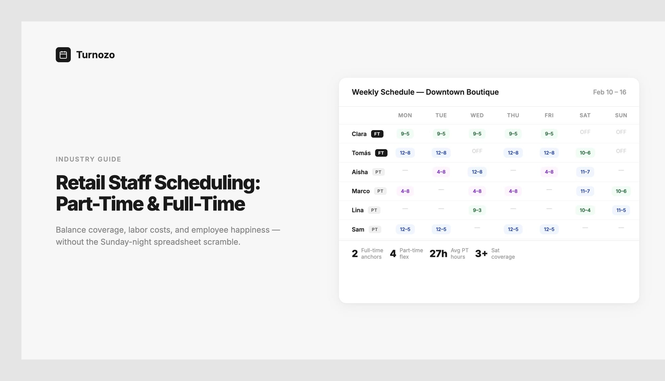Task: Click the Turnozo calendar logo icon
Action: [63, 55]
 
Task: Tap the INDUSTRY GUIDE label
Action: [88, 159]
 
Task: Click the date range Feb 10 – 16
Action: [609, 92]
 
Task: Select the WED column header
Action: [477, 115]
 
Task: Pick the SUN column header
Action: [621, 115]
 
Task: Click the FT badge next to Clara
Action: [377, 134]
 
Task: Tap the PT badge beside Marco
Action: [380, 191]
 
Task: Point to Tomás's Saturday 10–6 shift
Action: [585, 153]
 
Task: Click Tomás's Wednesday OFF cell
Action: [477, 151]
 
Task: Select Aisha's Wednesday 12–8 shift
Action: [477, 172]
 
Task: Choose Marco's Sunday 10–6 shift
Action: [621, 191]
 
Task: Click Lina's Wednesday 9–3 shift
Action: [477, 210]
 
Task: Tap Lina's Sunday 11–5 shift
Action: [621, 210]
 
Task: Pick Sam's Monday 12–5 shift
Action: [405, 229]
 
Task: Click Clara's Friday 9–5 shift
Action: [549, 134]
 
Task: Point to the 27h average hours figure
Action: [438, 254]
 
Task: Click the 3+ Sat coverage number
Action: [481, 254]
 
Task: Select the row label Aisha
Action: [359, 172]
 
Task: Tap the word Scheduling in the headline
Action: [207, 183]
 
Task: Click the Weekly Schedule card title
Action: [425, 92]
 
